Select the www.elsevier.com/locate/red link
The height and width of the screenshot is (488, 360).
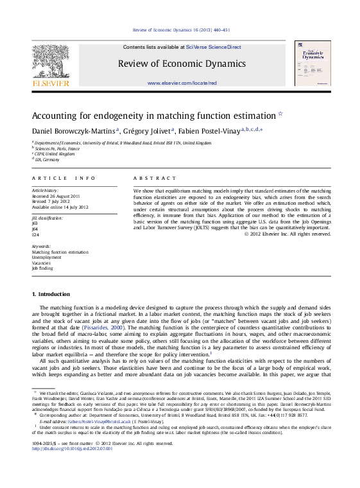tap(182, 83)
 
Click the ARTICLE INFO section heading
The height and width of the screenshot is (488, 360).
tap(54, 176)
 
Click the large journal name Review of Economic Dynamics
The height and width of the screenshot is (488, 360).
tap(182, 63)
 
